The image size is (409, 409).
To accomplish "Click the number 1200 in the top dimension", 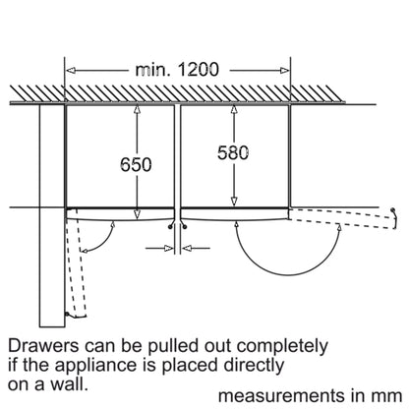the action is pos(199,70).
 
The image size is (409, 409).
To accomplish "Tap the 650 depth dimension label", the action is pos(136,164).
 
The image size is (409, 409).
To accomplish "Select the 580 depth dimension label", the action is pos(233,153).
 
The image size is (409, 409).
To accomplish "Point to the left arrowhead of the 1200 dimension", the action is pos(71,70).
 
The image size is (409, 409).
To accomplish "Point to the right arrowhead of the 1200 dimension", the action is pos(285,70).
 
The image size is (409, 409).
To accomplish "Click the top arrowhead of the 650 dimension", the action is pos(137,109).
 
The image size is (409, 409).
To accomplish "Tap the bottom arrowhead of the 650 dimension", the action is pos(137,214).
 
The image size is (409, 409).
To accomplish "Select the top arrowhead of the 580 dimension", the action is pos(234,109).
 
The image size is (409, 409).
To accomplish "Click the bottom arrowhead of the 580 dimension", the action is pos(234,202).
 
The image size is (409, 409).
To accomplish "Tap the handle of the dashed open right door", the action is pos(395,214).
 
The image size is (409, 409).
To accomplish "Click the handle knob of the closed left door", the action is pos(170,226).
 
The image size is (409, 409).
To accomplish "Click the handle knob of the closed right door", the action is pos(185,226).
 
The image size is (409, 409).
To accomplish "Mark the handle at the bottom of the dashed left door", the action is pos(67,315).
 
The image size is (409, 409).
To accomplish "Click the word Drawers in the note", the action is pos(44,346).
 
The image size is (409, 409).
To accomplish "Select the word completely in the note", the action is pos(282,347).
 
